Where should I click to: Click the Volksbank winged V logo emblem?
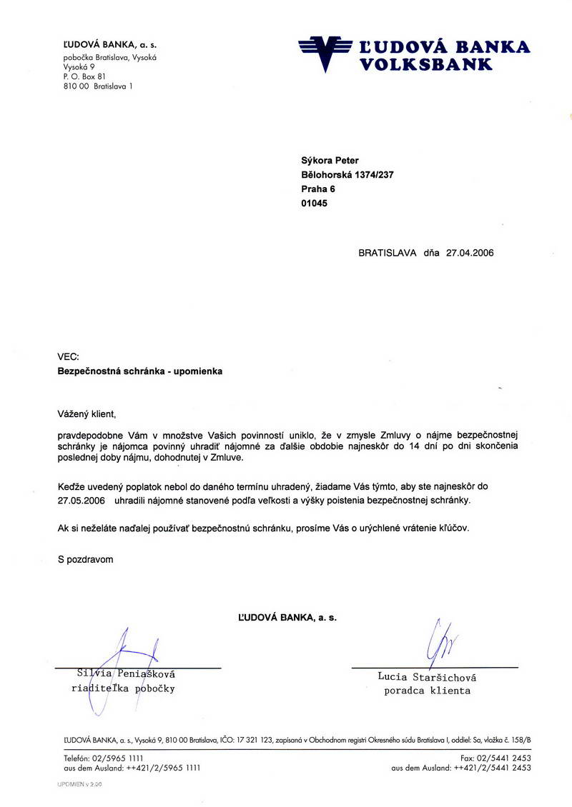[x=325, y=52]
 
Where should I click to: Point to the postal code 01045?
[x=314, y=203]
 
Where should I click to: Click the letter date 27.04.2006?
[x=469, y=252]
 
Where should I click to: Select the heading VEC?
[x=69, y=357]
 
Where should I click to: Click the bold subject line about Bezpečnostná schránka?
[x=139, y=371]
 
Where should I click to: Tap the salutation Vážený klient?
[x=87, y=413]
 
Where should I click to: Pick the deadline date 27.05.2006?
[x=81, y=502]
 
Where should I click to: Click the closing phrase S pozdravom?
[x=86, y=560]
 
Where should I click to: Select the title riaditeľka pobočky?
[x=123, y=689]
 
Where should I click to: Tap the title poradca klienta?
[x=427, y=691]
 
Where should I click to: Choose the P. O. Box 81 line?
[x=84, y=76]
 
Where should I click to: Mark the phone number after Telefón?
[x=117, y=757]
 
